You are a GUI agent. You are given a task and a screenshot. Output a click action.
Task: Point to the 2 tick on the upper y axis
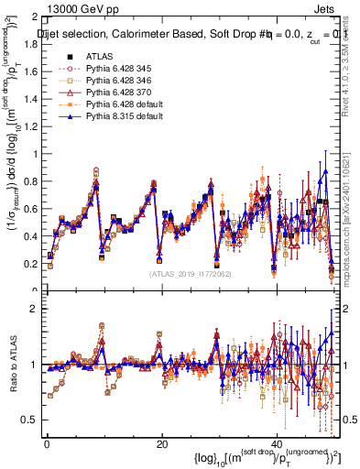click(x=35, y=17)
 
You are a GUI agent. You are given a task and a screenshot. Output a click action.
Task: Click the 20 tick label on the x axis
click(x=162, y=444)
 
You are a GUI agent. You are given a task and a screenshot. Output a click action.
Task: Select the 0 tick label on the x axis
click(x=47, y=444)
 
